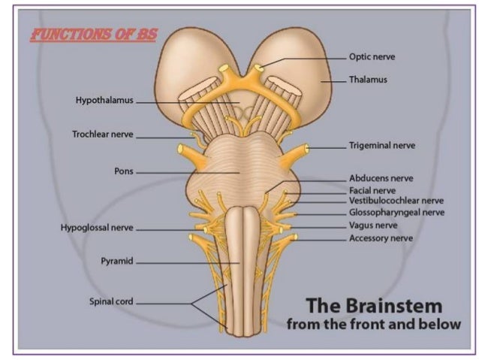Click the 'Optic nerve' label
pos(372,56)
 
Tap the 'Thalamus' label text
pos(368,80)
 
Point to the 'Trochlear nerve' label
pos(102,135)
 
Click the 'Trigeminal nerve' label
pos(381,145)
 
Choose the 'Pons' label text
pos(123,171)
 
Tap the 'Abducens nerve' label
pos(381,179)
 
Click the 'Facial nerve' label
pos(372,191)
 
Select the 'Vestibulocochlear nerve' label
pos(396,201)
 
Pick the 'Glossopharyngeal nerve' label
pos(396,213)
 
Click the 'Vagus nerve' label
pos(373,225)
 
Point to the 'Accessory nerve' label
pos(380,238)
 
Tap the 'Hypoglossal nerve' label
pos(97,228)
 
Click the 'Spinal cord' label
pos(111,302)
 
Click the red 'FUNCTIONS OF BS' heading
pos(93,35)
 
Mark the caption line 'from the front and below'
pos(373,325)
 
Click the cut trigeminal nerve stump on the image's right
pos(303,150)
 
